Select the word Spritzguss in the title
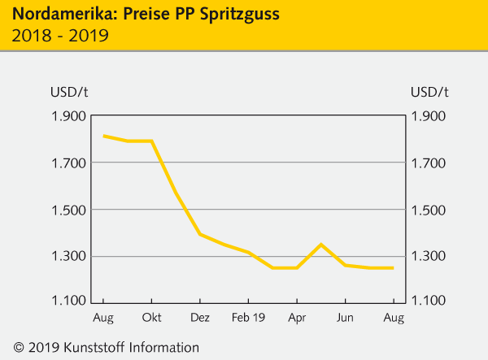217,14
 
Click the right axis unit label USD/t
429,91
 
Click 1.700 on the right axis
429,163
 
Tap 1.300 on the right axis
429,257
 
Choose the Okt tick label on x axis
151,316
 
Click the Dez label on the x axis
200,316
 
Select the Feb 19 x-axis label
248,316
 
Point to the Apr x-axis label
297,316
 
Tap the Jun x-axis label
346,316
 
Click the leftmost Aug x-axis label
103,316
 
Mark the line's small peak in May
321,245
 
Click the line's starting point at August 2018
103,136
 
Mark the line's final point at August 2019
394,268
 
